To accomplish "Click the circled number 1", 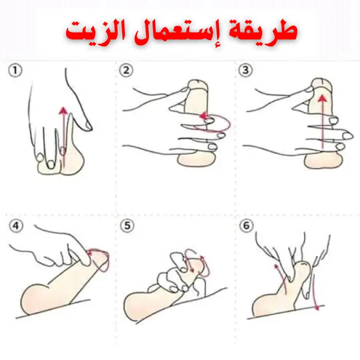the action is coord(15,70).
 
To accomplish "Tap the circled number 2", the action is coord(126,70).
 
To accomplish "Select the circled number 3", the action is coord(245,70).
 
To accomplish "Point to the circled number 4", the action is coord(16,226).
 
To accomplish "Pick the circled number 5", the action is coord(127,226).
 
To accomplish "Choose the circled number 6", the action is coord(246,226).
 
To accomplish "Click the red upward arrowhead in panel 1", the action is coord(63,110).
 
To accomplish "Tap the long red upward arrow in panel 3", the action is coord(323,122).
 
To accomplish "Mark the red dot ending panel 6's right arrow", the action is coord(317,307).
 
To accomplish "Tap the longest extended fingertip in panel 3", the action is coord(348,135).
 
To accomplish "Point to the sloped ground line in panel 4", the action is coord(53,309).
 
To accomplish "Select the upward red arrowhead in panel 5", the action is coord(202,258).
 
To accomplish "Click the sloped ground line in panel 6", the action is coord(286,312).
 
